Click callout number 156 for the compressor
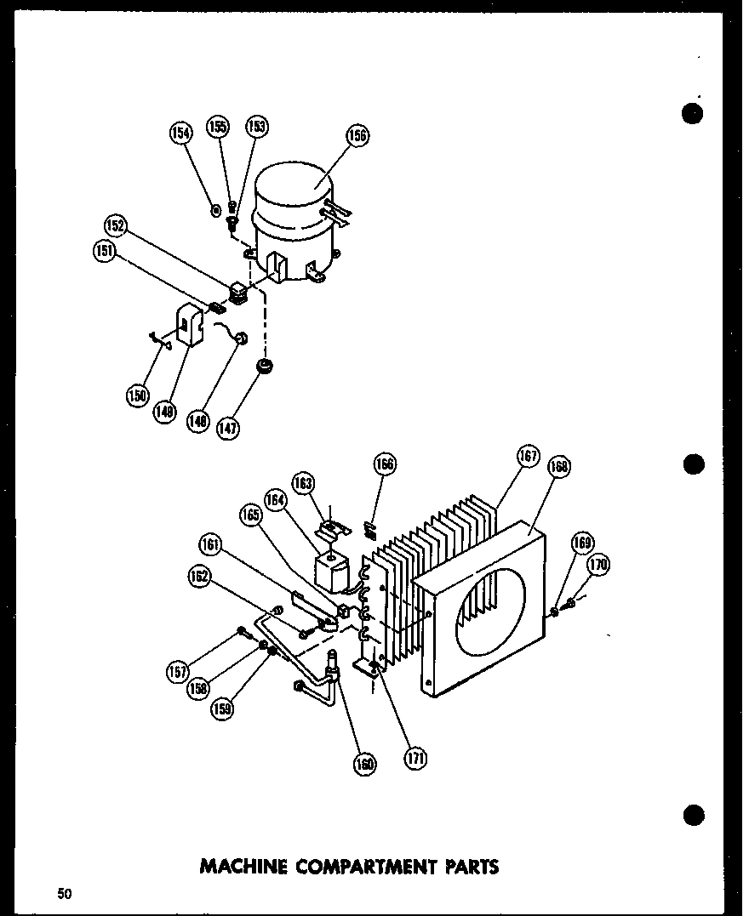pyautogui.click(x=357, y=135)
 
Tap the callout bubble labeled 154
pyautogui.click(x=180, y=132)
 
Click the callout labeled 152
pyautogui.click(x=116, y=225)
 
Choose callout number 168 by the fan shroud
pyautogui.click(x=559, y=466)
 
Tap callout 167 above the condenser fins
pyautogui.click(x=529, y=456)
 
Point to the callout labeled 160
pyautogui.click(x=365, y=764)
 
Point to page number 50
pyautogui.click(x=65, y=893)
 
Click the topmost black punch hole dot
pyautogui.click(x=694, y=113)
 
